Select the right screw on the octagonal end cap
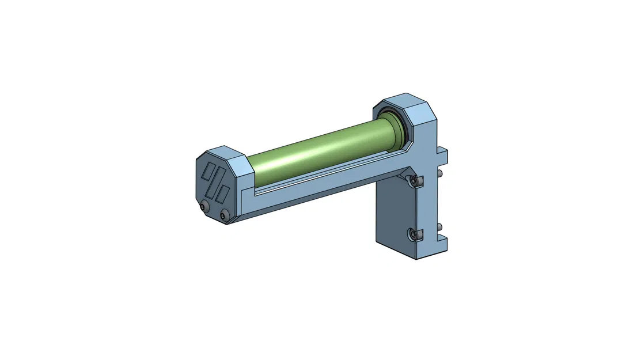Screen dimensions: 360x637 [224, 216]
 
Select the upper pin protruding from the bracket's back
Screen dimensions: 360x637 [441, 173]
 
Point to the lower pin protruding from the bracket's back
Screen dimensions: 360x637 [441, 226]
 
